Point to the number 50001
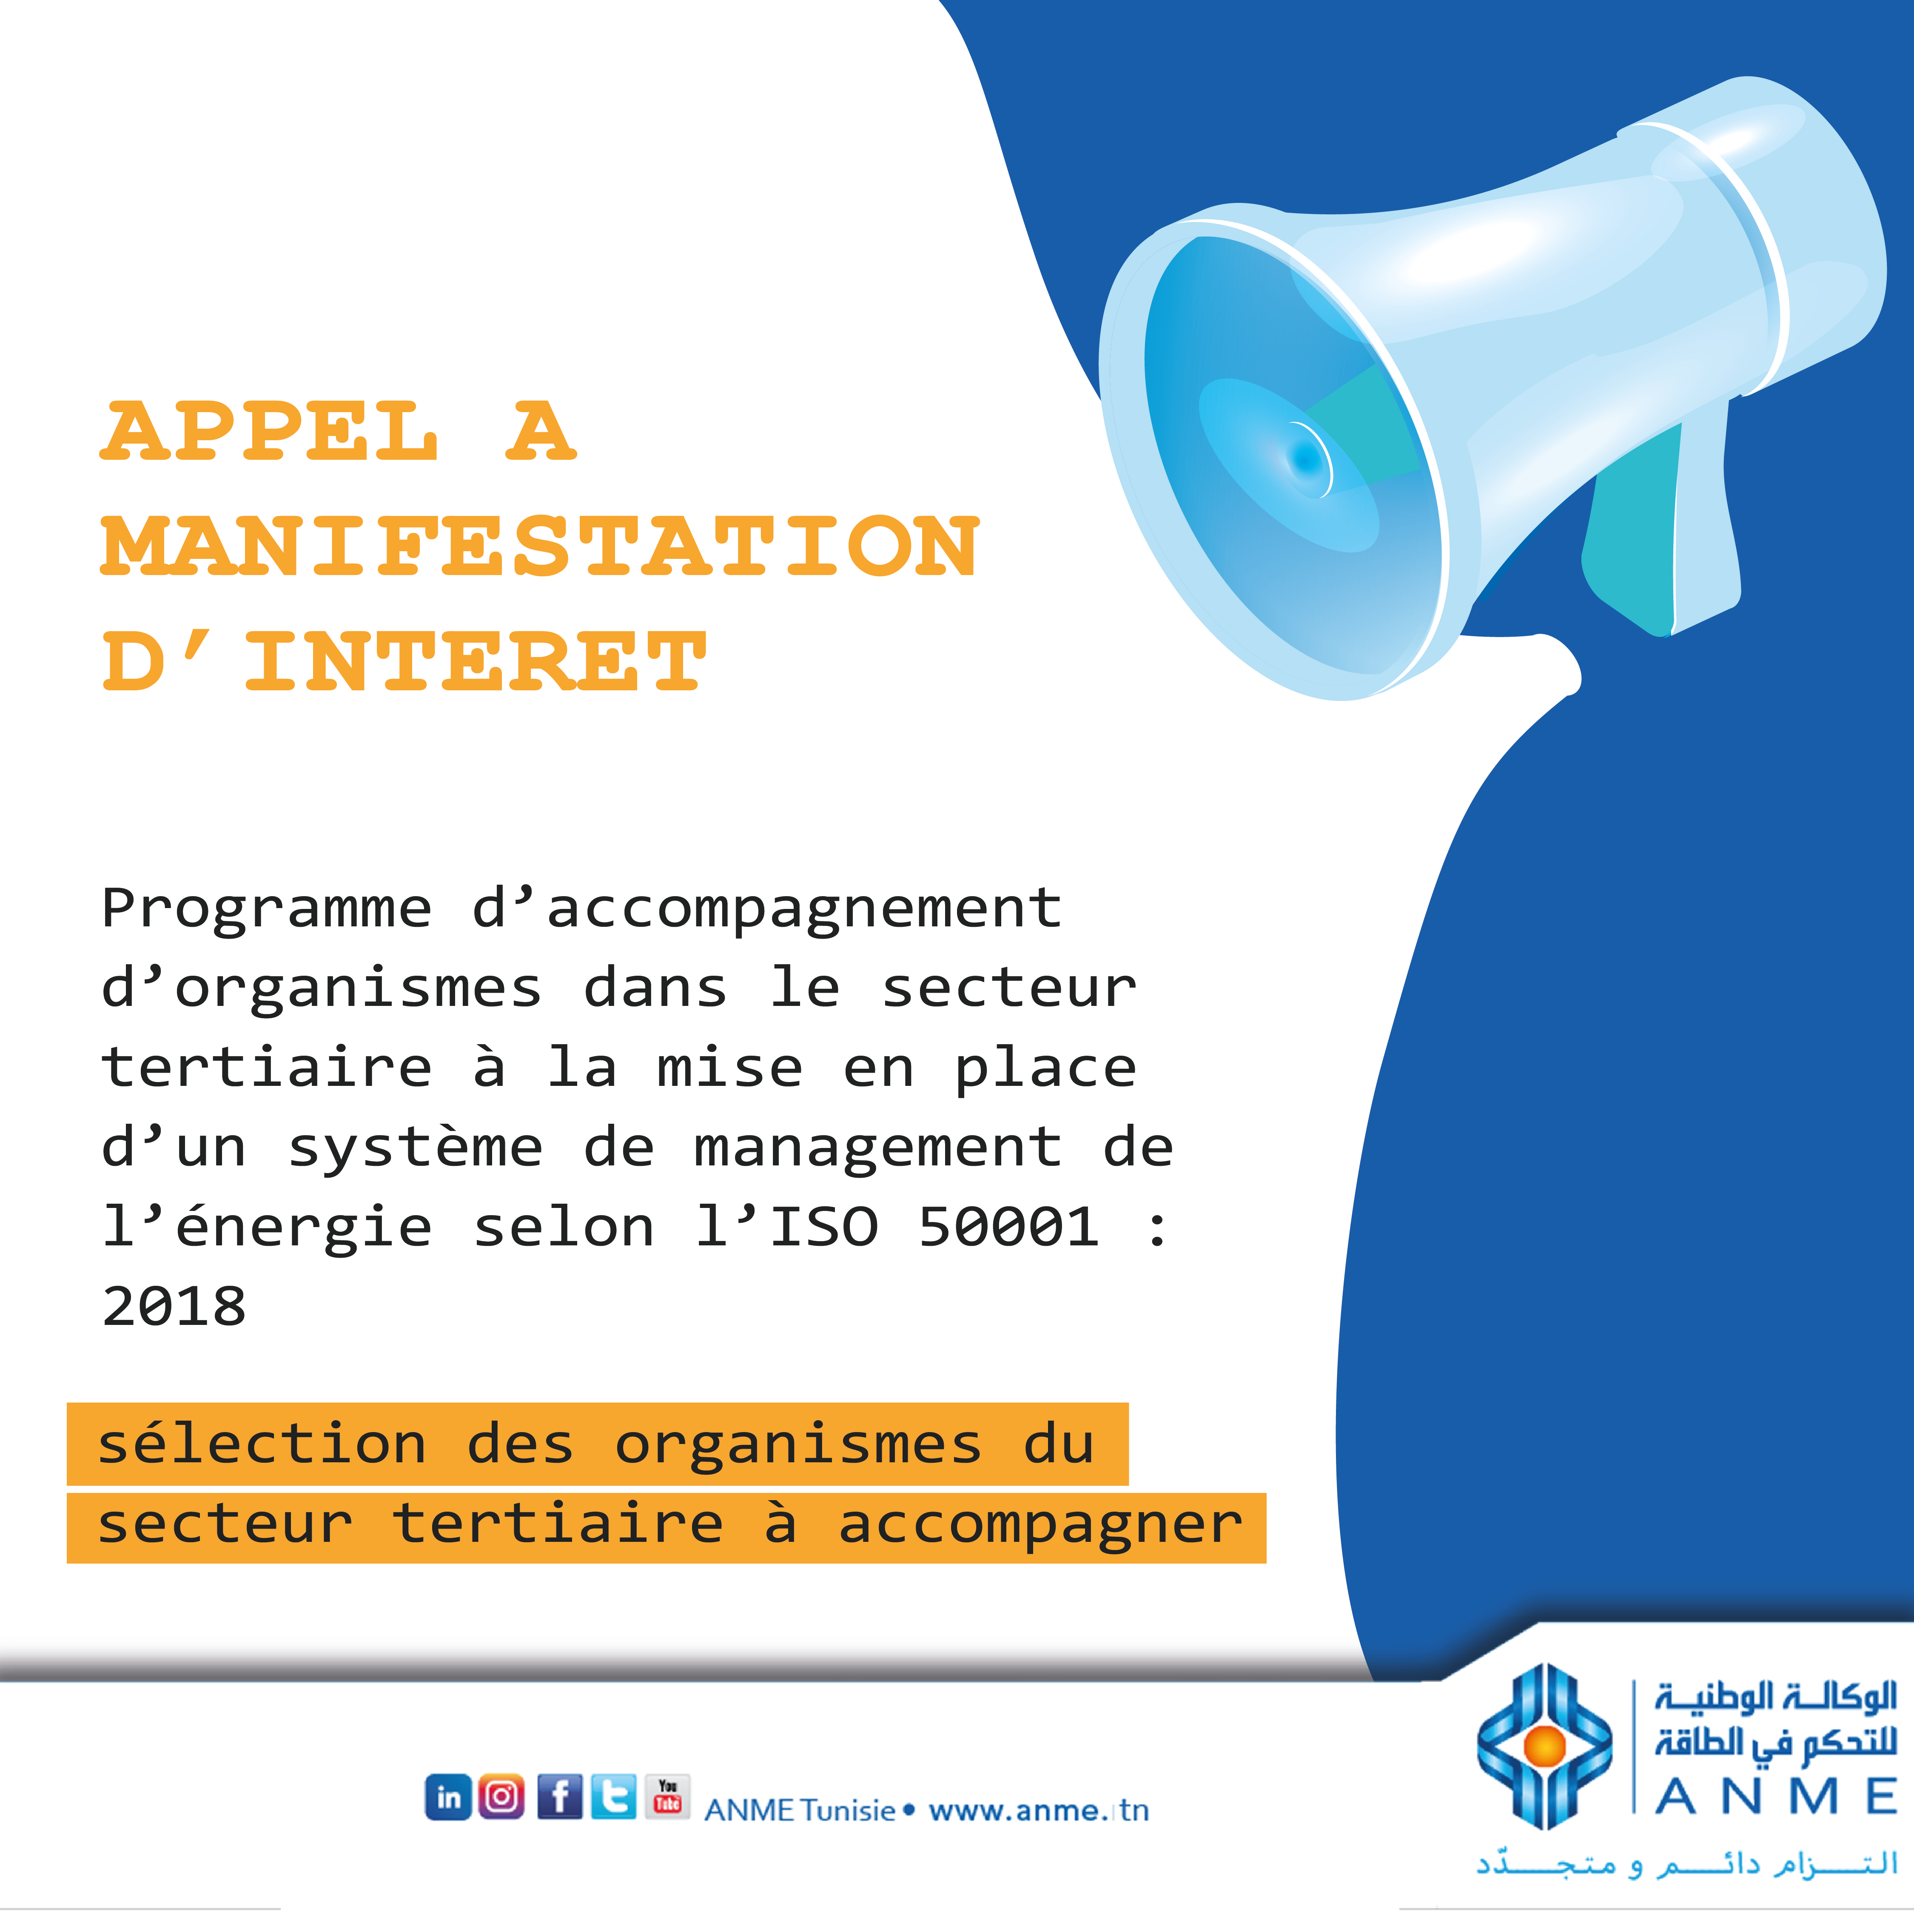(1008, 1227)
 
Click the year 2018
(174, 1306)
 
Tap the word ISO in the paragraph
(824, 1227)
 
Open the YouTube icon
(668, 1796)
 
